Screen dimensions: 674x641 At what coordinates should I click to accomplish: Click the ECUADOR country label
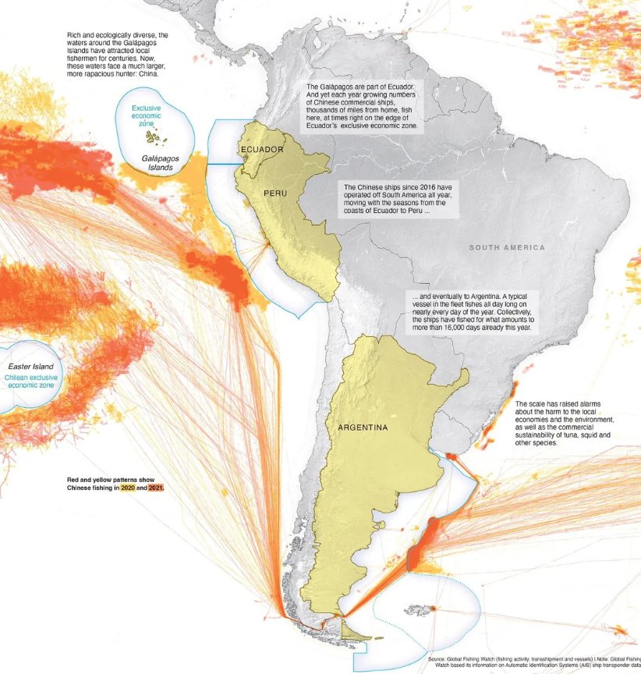pyautogui.click(x=262, y=149)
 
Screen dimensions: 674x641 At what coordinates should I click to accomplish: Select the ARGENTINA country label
pyautogui.click(x=363, y=427)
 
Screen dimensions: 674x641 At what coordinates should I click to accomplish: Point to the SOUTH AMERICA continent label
pyautogui.click(x=507, y=247)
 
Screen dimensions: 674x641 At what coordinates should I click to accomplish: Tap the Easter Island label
pyautogui.click(x=30, y=366)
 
